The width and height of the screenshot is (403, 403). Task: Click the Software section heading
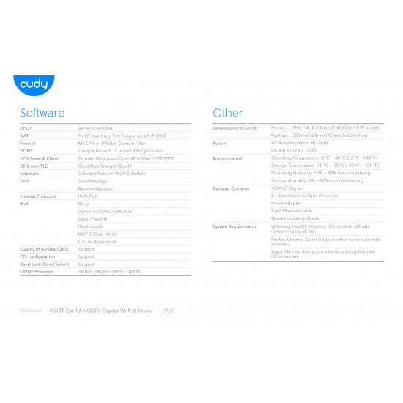(42, 113)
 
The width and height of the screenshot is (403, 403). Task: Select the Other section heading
(227, 113)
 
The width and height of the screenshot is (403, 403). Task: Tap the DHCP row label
(26, 127)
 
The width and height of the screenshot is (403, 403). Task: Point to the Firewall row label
(28, 143)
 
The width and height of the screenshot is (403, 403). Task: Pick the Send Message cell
(93, 181)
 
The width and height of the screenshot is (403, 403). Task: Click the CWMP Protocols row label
(37, 271)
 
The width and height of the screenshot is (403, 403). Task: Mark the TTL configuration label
(37, 256)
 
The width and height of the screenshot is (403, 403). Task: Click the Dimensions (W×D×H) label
(234, 127)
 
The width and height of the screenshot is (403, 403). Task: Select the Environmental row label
(227, 158)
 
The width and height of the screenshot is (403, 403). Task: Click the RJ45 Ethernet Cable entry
(292, 211)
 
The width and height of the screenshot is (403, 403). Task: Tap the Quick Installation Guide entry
(295, 218)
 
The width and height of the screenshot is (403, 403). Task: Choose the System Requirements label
(235, 226)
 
